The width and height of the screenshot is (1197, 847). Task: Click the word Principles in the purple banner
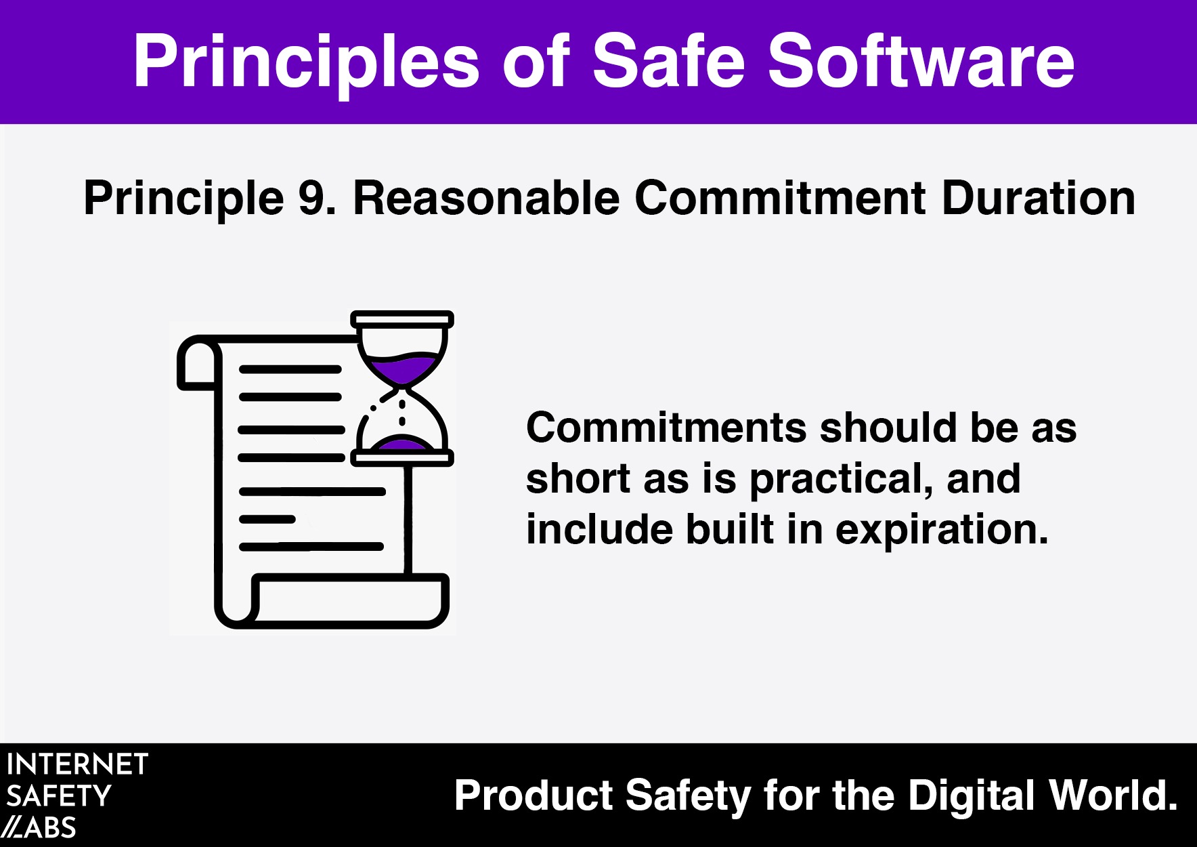pyautogui.click(x=307, y=62)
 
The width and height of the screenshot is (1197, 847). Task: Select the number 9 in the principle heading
pyautogui.click(x=311, y=199)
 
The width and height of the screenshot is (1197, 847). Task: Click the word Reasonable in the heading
pyautogui.click(x=486, y=198)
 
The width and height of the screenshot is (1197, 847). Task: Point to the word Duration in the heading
pyautogui.click(x=1039, y=198)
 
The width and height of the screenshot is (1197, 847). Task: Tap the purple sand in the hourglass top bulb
pyautogui.click(x=403, y=368)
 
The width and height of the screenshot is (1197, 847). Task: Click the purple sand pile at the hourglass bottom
pyautogui.click(x=402, y=445)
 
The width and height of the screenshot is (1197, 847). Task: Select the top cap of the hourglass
pyautogui.click(x=402, y=319)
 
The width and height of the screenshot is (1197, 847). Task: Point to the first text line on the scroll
pyautogui.click(x=290, y=369)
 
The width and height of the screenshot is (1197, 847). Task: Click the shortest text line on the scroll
pyautogui.click(x=267, y=519)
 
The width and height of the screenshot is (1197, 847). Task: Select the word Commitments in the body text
pyautogui.click(x=666, y=428)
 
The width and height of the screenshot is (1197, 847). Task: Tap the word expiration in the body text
pyautogui.click(x=942, y=531)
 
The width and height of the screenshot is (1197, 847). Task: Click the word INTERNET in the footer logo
pyautogui.click(x=77, y=764)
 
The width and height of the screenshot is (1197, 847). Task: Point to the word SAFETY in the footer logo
pyautogui.click(x=59, y=796)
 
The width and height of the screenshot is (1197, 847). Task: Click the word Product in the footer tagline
pyautogui.click(x=534, y=796)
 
